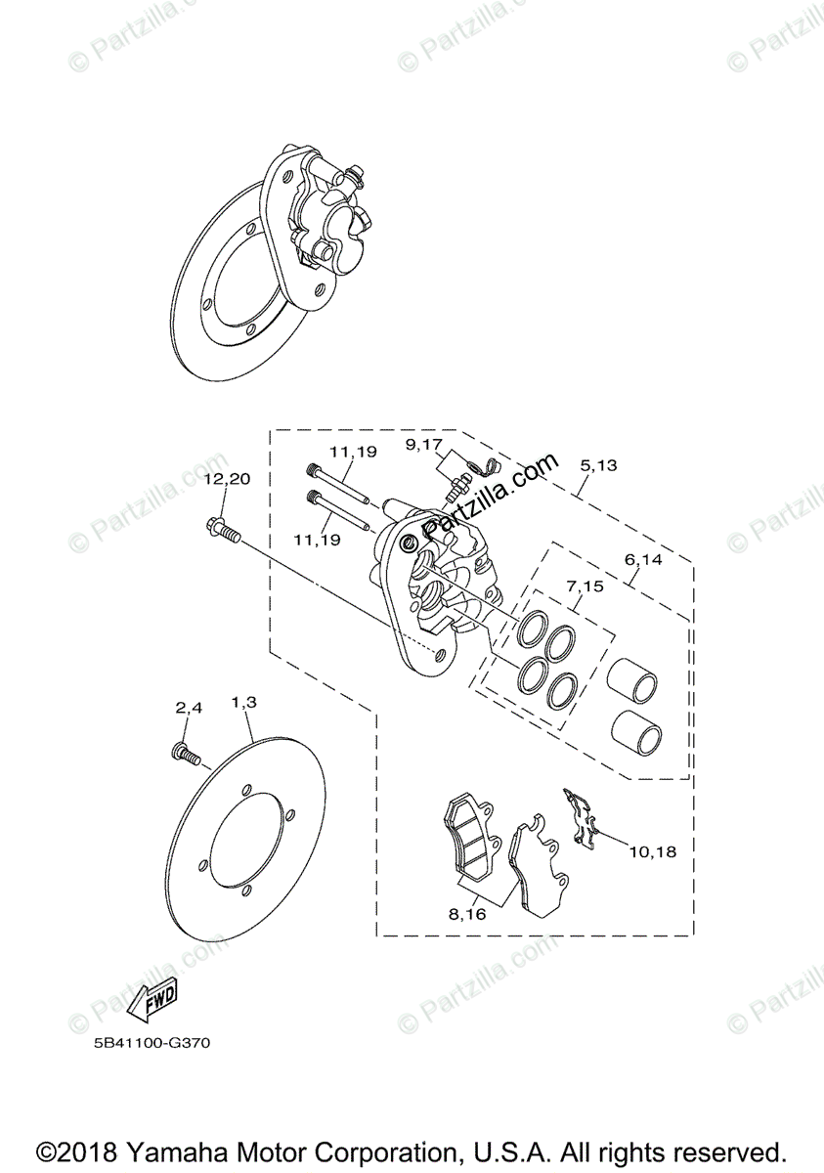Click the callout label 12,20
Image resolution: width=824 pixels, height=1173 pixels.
tap(227, 479)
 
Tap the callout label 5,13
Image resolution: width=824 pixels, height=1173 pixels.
tap(597, 465)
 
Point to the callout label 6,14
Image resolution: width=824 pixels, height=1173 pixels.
tap(643, 560)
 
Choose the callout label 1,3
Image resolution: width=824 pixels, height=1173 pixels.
tap(243, 702)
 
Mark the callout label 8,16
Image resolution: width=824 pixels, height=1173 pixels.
tap(467, 915)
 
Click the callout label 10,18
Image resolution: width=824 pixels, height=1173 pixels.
tap(652, 851)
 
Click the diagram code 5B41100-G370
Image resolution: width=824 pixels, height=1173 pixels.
tap(146, 1043)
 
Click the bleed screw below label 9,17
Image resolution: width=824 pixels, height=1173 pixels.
tap(455, 486)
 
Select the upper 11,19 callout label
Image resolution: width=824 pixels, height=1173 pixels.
tap(353, 453)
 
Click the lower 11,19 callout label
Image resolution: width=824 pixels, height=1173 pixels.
tap(317, 539)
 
